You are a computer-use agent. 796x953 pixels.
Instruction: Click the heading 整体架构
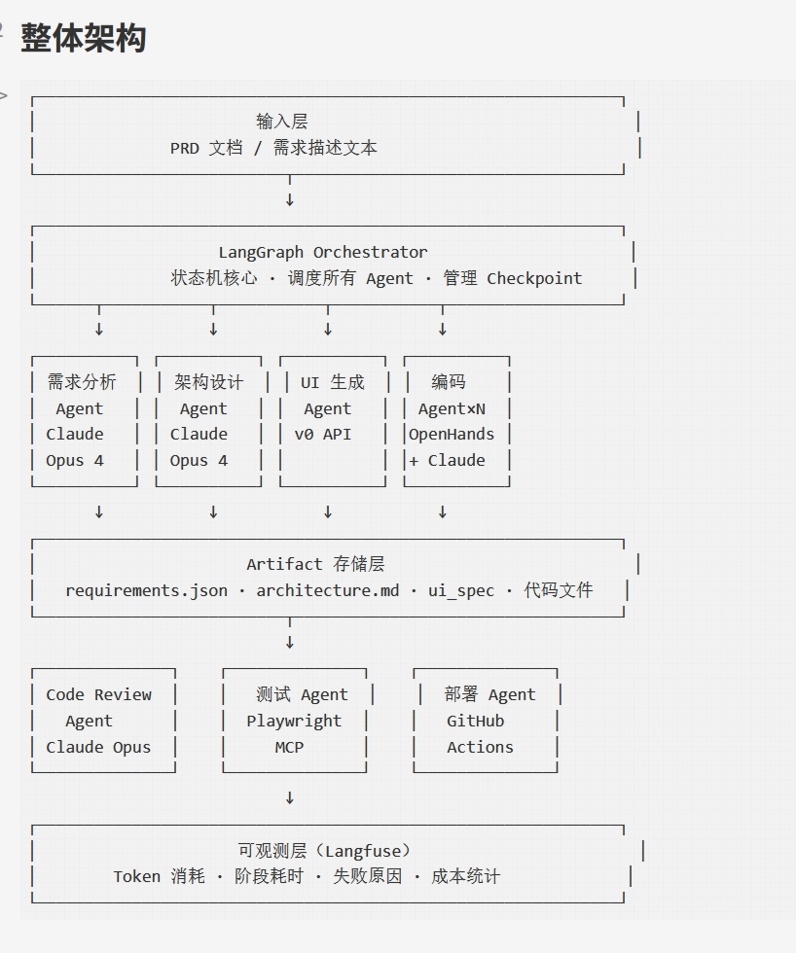84,38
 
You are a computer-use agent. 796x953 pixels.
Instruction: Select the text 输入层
281,122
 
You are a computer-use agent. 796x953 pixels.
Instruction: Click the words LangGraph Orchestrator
323,252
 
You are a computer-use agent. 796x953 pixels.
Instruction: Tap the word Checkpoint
534,278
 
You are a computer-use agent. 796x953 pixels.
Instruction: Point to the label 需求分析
82,381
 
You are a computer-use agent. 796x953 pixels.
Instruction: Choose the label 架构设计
208,381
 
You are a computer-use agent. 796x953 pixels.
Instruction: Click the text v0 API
323,435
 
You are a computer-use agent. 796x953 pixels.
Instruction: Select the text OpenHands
452,435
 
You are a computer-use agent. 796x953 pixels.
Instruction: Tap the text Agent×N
452,409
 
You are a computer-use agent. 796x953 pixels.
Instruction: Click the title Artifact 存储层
315,564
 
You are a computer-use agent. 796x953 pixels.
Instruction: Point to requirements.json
147,591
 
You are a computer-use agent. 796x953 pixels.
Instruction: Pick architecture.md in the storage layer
328,591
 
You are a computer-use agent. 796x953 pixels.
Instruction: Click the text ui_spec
461,591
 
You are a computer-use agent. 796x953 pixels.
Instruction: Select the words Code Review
98,694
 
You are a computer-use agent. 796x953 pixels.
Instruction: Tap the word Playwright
294,721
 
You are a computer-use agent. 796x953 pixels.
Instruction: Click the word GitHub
476,721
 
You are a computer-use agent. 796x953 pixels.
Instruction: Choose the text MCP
289,747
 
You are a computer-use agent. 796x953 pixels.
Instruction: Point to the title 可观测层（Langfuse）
324,851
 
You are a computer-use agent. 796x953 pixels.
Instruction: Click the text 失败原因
367,876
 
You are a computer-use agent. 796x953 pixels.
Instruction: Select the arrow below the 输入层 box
290,191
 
